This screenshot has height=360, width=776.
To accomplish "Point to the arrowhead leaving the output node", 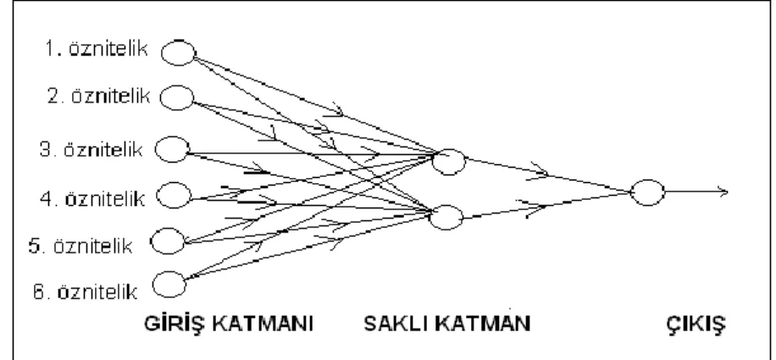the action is pos(723,192).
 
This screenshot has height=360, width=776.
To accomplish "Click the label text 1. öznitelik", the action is pos(97,49).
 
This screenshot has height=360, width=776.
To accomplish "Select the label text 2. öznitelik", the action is pos(98,96).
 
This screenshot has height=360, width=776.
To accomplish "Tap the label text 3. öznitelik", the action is pos(91,149).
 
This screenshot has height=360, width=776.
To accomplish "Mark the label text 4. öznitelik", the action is pos(92,199).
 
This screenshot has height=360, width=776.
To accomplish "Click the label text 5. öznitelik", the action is pos(80,246).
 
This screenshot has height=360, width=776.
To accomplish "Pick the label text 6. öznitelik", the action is pos(85,291).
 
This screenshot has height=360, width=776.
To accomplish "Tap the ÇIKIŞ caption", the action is pos(696,325).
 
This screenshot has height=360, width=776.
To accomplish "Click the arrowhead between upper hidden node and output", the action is pos(539,171).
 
